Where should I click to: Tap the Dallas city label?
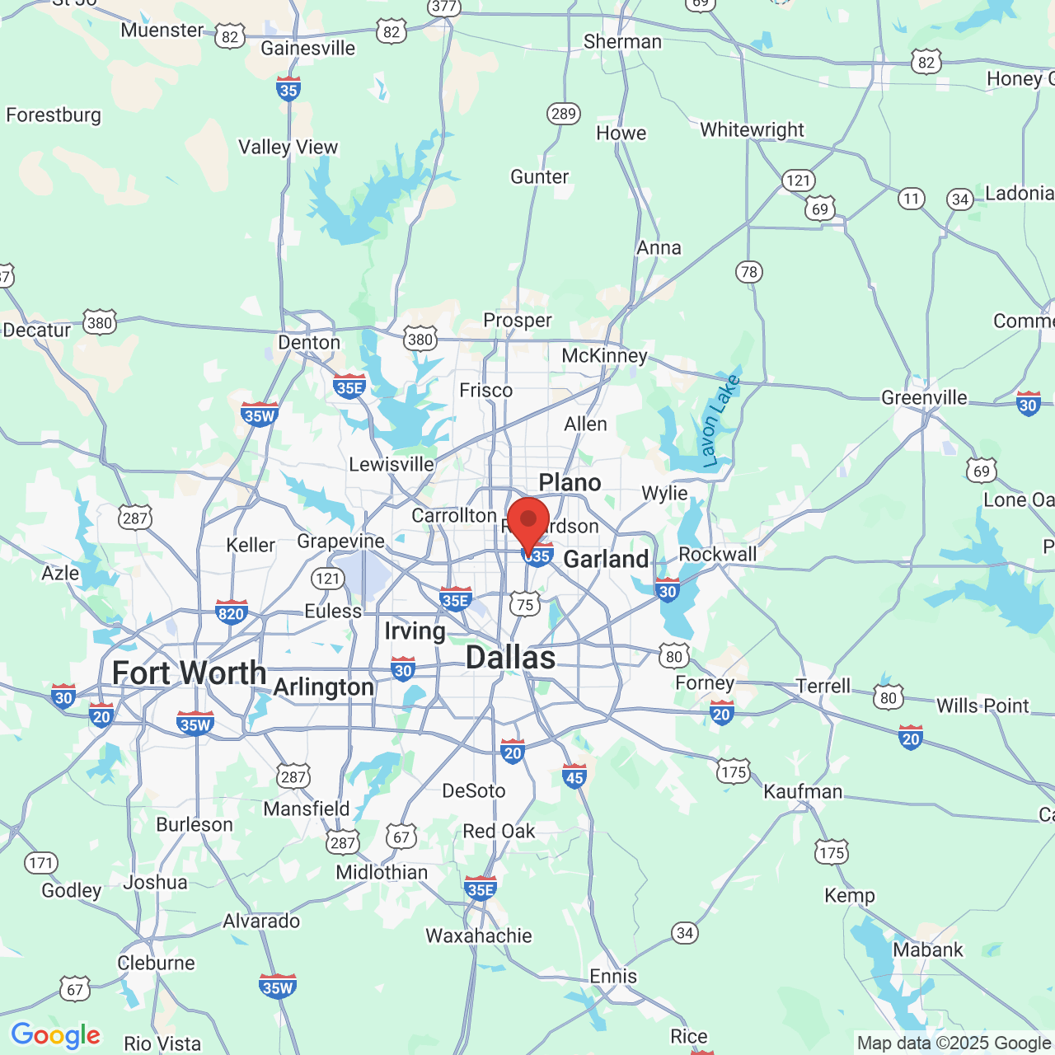(x=510, y=658)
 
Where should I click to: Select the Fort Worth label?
(x=189, y=673)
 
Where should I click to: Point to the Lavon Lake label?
(x=720, y=422)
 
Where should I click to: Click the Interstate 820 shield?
(x=232, y=612)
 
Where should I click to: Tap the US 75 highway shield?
(x=524, y=604)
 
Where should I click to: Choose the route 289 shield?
(x=564, y=114)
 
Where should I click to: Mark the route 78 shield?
(x=748, y=272)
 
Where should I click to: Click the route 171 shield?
(x=40, y=863)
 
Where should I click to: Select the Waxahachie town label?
(x=479, y=935)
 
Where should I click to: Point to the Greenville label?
(x=924, y=397)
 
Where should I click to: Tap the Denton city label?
(x=309, y=342)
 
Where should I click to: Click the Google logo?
(x=55, y=1035)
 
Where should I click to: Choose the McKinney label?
(x=604, y=355)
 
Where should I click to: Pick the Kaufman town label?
(x=803, y=792)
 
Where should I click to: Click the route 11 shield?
(x=911, y=199)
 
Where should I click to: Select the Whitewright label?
(x=752, y=129)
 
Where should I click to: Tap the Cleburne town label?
(x=157, y=963)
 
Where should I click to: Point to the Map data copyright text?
(x=954, y=1043)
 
